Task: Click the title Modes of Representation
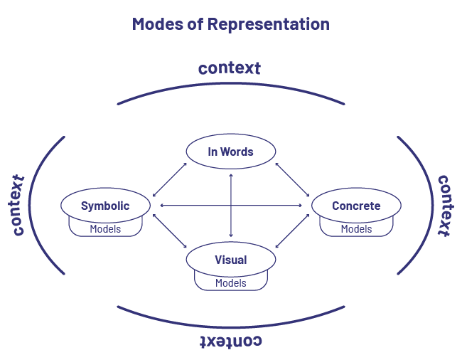[x=230, y=24]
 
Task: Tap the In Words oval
[x=230, y=152]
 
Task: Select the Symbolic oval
[x=105, y=206]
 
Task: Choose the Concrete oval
[x=356, y=206]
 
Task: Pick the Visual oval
[x=230, y=260]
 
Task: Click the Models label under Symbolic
[x=105, y=229]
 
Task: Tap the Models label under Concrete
[x=356, y=229]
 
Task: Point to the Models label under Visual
[x=230, y=283]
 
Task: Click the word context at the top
[x=229, y=68]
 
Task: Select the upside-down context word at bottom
[x=230, y=341]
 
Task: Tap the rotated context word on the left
[x=18, y=205]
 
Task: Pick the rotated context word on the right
[x=444, y=205]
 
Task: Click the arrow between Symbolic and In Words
[x=170, y=179]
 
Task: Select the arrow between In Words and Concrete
[x=292, y=179]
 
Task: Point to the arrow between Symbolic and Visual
[x=170, y=232]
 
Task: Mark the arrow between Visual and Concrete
[x=292, y=232]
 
